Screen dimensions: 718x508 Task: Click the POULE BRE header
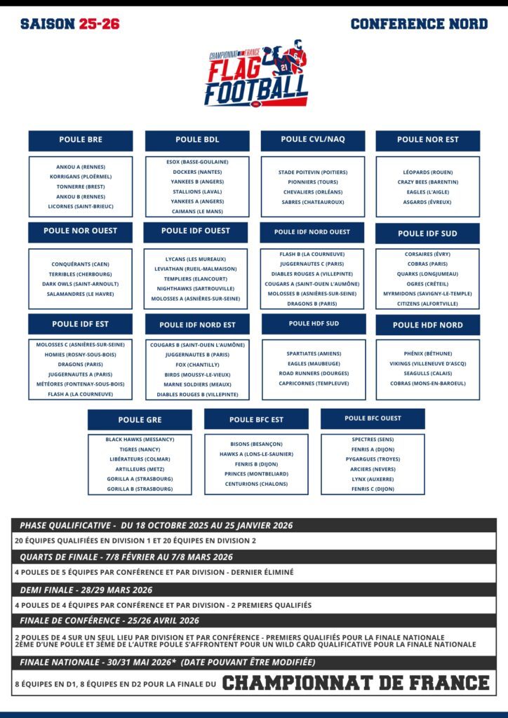[81, 140]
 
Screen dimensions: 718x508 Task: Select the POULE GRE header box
[140, 420]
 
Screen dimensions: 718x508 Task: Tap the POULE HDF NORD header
[428, 325]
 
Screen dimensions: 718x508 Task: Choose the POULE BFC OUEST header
[373, 419]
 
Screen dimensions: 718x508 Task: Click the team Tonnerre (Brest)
[81, 187]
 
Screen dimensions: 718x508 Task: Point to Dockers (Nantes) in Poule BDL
[197, 172]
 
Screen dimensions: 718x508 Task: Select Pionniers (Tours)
[313, 182]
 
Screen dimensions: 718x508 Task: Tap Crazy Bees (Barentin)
[428, 182]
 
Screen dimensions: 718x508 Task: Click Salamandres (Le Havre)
[81, 294]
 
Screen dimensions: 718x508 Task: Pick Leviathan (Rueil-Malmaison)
[196, 269]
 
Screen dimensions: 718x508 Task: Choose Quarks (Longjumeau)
[428, 273]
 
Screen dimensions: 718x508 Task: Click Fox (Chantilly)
[197, 365]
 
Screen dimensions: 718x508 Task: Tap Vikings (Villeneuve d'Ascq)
[428, 363]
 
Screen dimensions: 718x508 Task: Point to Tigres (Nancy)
[140, 449]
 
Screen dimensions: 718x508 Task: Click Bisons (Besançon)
[256, 444]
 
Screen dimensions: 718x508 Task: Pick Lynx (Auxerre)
[373, 479]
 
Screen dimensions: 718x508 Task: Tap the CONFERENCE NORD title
[419, 24]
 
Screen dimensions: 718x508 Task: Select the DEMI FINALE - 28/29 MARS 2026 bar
[254, 590]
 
